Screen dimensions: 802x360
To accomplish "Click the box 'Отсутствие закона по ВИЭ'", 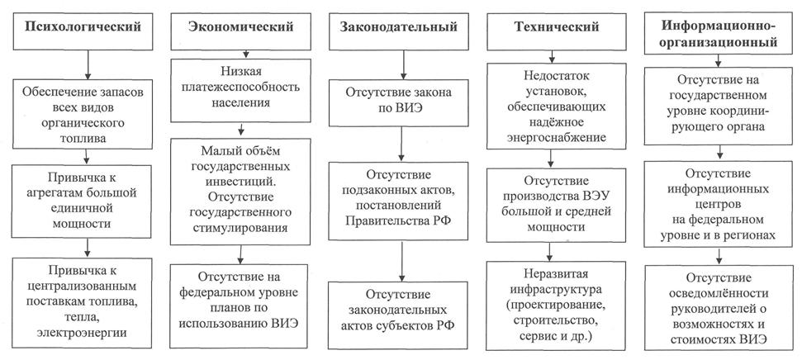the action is coord(398,102).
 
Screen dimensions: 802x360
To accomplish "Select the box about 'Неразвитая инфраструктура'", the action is coord(556,306).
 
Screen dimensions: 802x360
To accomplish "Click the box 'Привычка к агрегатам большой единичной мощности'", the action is coord(82,201).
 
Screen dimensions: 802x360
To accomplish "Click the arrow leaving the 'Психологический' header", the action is coord(87,64).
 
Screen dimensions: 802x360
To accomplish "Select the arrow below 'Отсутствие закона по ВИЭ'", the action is coord(402,144).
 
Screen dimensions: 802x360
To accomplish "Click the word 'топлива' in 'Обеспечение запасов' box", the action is coord(83,138).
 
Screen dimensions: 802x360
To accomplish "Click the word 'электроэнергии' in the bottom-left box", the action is coord(82,332).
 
